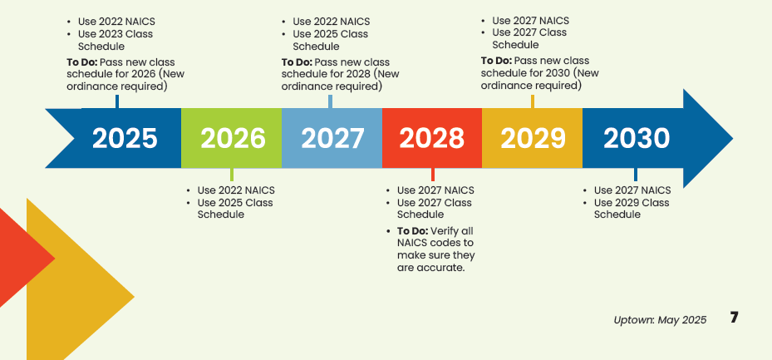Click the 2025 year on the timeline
[125, 138]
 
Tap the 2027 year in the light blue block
[332, 138]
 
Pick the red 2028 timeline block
[432, 138]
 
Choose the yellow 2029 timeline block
[533, 138]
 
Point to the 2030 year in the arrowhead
[637, 138]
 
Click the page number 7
[734, 318]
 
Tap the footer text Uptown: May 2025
[660, 320]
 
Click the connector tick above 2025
[117, 101]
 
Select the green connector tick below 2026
[231, 175]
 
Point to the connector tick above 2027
[331, 101]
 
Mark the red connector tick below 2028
[432, 175]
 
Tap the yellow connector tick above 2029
[533, 101]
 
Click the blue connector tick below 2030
[636, 175]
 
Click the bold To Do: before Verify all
[412, 230]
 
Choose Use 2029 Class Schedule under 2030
[631, 209]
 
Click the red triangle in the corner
[21, 258]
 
